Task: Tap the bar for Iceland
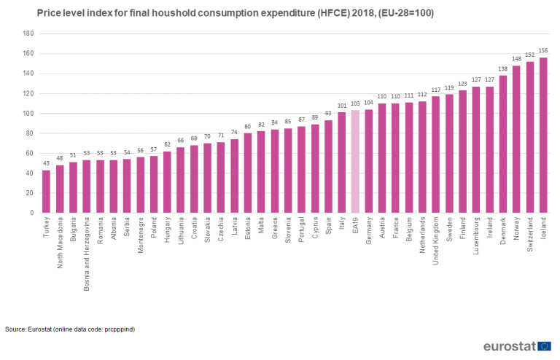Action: tap(543, 136)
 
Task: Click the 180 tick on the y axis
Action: tap(28, 34)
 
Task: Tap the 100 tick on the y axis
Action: tap(28, 114)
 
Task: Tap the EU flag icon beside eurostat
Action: tap(544, 345)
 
